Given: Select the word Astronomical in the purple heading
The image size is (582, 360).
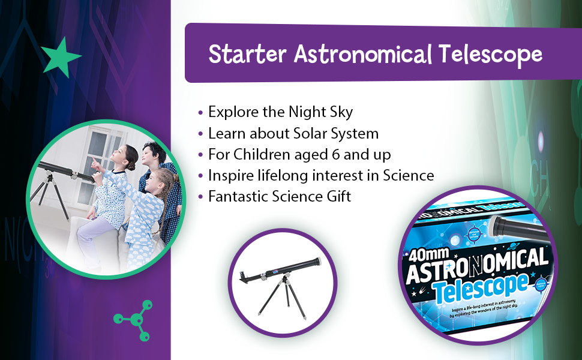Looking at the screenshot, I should click(x=362, y=55).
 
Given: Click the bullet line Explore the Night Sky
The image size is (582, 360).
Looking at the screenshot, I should click(x=280, y=112).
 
